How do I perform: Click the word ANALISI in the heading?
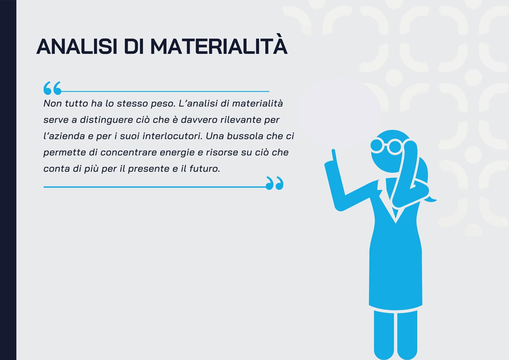click(77, 46)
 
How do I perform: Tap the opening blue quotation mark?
click(52, 88)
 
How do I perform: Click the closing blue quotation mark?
click(275, 183)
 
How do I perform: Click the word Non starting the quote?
click(52, 103)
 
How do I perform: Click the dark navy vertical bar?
click(8, 180)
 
